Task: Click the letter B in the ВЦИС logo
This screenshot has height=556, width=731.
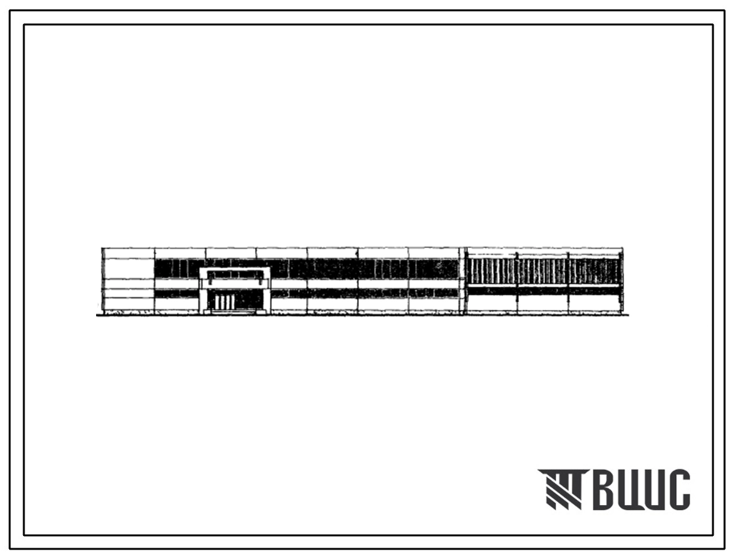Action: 605,490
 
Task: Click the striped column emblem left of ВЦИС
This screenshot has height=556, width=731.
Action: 563,489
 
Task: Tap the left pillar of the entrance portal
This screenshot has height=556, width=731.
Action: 203,296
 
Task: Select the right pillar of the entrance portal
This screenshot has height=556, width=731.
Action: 267,296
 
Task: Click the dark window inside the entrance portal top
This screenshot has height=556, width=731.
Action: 235,274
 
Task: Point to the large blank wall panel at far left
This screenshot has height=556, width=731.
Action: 129,269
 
